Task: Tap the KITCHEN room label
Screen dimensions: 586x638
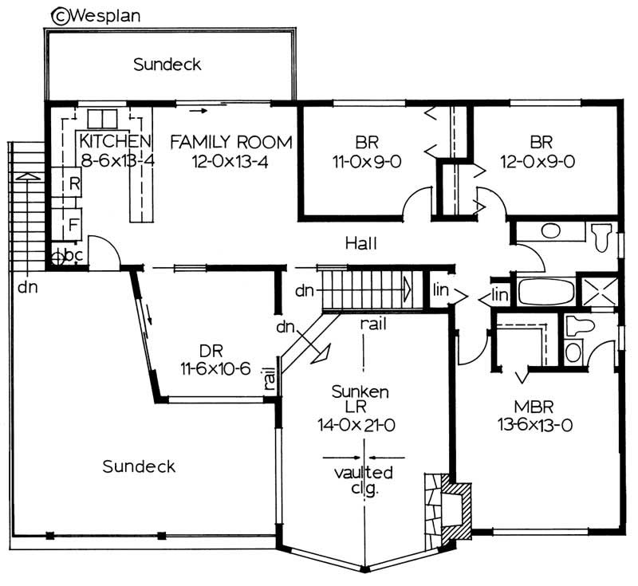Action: pos(115,142)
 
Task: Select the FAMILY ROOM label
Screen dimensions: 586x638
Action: pos(231,142)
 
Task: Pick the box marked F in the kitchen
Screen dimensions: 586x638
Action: pos(73,224)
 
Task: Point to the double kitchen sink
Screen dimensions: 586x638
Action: pos(102,118)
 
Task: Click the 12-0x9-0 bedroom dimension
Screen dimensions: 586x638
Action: pos(542,160)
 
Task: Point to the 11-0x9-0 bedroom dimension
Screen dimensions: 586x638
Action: pos(367,160)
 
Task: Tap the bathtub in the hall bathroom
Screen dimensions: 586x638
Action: pos(545,291)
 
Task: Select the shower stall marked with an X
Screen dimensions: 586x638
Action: pos(598,290)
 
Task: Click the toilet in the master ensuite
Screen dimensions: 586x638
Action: pos(575,327)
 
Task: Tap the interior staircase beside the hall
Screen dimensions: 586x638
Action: pos(367,288)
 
